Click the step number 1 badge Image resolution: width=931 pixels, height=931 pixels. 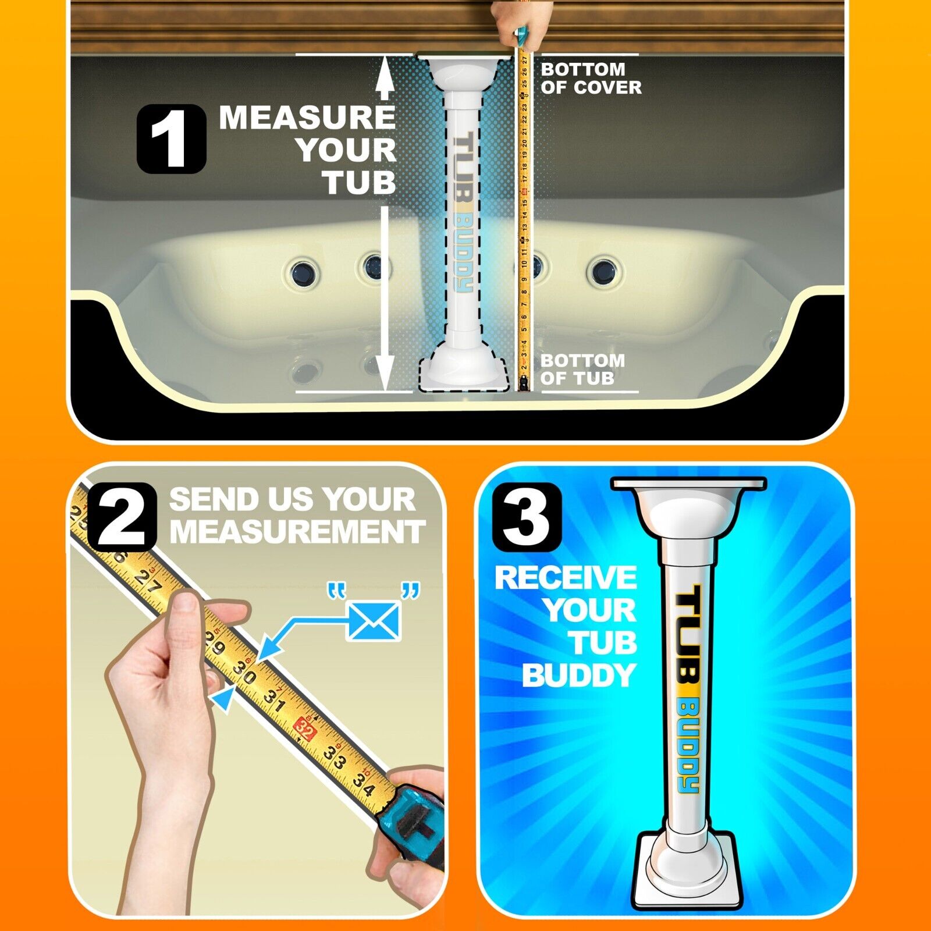pos(171,138)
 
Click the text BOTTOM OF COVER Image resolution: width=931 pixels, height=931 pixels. pos(591,79)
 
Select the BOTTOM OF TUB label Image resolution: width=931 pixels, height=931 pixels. pos(582,369)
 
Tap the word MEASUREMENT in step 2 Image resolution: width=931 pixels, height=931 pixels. pos(297,532)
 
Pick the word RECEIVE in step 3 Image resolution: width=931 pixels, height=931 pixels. pos(566,578)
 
